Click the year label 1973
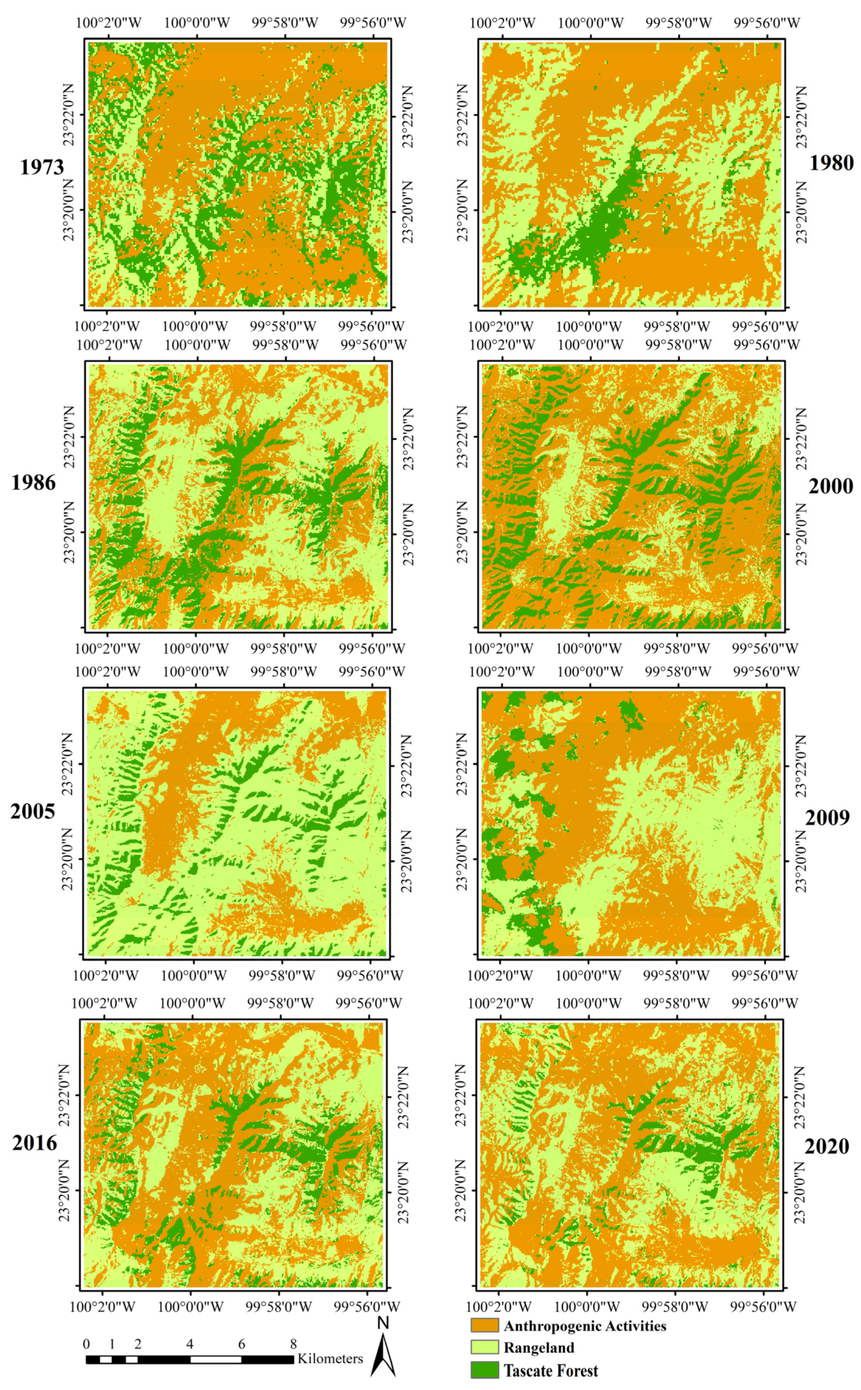41,167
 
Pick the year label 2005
32,811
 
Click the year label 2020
826,1146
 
